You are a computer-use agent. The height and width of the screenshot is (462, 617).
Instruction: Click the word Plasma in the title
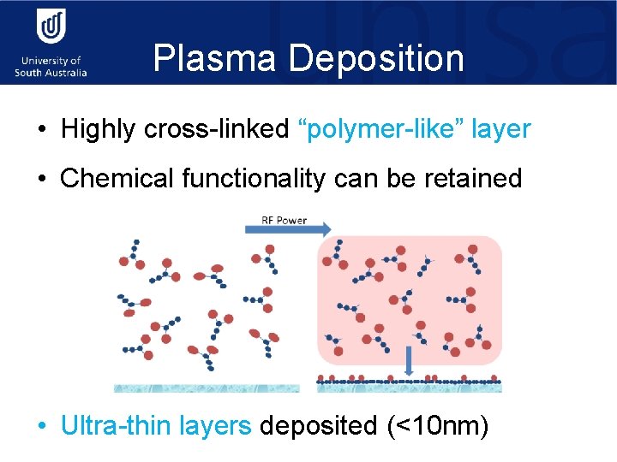(x=216, y=59)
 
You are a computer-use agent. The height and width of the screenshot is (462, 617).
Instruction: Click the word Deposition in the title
(x=377, y=59)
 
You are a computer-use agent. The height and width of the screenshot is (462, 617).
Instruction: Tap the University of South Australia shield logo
(x=51, y=28)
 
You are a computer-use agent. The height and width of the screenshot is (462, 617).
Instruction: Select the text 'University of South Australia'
(x=51, y=67)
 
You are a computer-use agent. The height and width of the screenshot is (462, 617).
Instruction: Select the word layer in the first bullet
(x=501, y=130)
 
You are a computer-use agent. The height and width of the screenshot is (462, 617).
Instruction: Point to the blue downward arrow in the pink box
(x=409, y=360)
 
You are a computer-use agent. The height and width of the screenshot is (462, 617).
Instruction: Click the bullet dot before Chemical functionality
(x=42, y=180)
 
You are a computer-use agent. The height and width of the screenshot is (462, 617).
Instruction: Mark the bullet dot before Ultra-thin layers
(x=42, y=425)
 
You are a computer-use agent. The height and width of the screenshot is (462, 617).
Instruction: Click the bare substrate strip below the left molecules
(x=207, y=388)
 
